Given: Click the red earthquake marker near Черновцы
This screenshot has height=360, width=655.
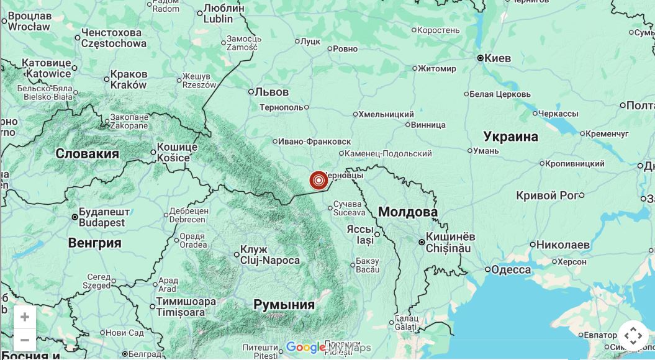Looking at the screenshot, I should (318, 181).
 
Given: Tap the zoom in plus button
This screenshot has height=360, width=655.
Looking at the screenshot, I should (25, 317).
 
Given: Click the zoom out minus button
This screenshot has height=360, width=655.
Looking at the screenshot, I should (25, 340).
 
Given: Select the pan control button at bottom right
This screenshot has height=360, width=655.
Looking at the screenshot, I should (633, 336).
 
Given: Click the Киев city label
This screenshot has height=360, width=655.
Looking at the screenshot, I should (497, 58).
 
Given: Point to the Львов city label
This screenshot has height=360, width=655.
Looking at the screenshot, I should (271, 92).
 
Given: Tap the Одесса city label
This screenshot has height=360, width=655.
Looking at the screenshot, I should (510, 269).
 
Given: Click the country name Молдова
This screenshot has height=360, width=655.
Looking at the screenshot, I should (407, 212).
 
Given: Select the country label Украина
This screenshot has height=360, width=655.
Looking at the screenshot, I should (510, 137).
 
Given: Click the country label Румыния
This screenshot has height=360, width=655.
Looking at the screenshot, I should (284, 305).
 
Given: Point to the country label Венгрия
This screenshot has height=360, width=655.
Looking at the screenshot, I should (94, 243).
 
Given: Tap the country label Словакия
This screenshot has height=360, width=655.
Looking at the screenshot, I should (87, 154).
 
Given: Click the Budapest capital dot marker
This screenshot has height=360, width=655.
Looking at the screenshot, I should (75, 217).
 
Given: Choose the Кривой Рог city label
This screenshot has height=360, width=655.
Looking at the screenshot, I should (546, 196).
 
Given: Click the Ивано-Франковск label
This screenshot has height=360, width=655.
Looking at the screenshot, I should (314, 142).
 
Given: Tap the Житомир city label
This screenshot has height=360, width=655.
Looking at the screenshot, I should (437, 68).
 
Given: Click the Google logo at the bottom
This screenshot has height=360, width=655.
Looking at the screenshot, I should (305, 348).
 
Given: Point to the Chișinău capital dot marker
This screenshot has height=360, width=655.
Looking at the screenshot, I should (422, 242).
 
